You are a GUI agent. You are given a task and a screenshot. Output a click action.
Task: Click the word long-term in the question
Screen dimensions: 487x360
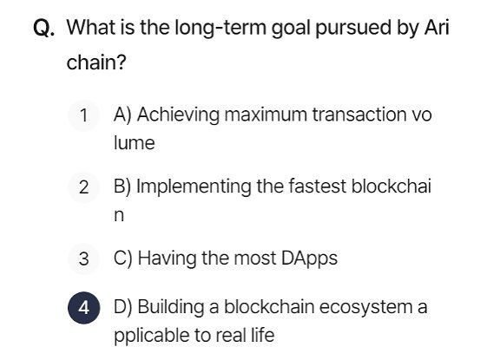(220, 28)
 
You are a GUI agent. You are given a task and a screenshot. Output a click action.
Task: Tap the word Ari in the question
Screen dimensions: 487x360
(437, 27)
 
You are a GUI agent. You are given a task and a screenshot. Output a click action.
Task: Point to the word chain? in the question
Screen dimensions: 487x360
(96, 62)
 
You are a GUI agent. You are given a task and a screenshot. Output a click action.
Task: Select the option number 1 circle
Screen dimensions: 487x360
(84, 115)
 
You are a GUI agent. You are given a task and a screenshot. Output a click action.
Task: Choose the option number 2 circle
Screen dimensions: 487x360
(84, 187)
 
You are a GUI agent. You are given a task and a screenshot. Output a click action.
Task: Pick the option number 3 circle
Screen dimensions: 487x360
(84, 259)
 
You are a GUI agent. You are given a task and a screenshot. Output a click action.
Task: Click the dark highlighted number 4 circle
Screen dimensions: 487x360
(84, 308)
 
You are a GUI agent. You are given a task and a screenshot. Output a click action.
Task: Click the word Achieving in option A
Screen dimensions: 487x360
(178, 115)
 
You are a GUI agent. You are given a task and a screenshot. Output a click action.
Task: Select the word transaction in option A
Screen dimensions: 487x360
(358, 115)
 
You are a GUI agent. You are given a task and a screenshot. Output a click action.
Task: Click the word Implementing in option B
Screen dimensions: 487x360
(194, 187)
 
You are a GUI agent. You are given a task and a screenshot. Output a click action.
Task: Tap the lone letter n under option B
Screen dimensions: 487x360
(119, 215)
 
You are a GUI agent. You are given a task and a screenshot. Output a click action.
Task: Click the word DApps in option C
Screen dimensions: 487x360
(309, 259)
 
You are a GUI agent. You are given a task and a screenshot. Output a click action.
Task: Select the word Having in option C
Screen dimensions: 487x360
(167, 259)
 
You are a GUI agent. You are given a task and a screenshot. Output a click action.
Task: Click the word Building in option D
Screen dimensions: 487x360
(171, 308)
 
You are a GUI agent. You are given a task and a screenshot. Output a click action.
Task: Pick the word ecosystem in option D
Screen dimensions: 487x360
(365, 308)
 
